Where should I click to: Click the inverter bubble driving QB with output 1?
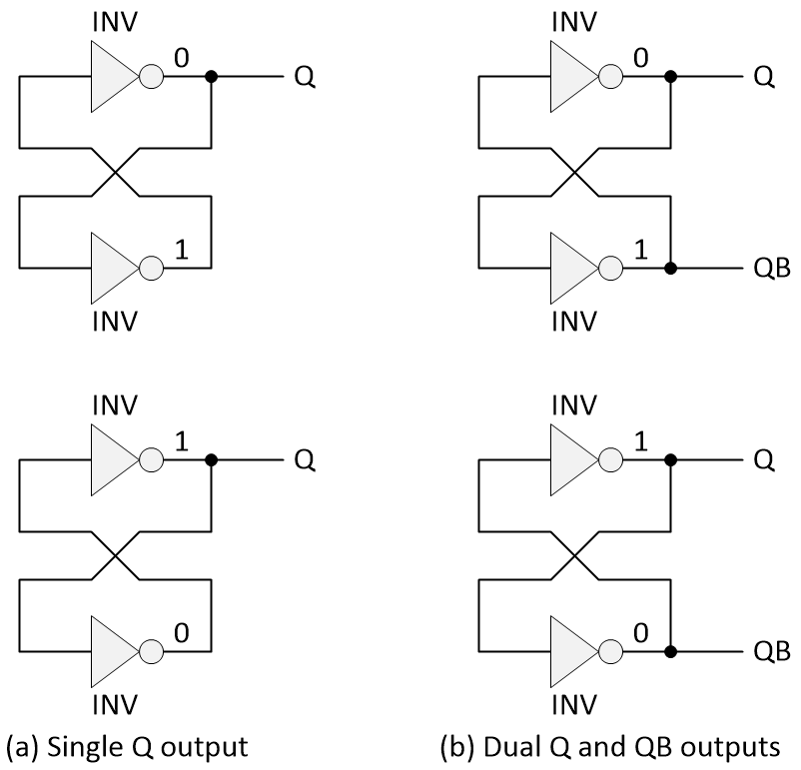609,269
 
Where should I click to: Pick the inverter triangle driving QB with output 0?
571,652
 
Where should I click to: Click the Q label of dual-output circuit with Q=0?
764,77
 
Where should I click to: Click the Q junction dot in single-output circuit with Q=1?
211,460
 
